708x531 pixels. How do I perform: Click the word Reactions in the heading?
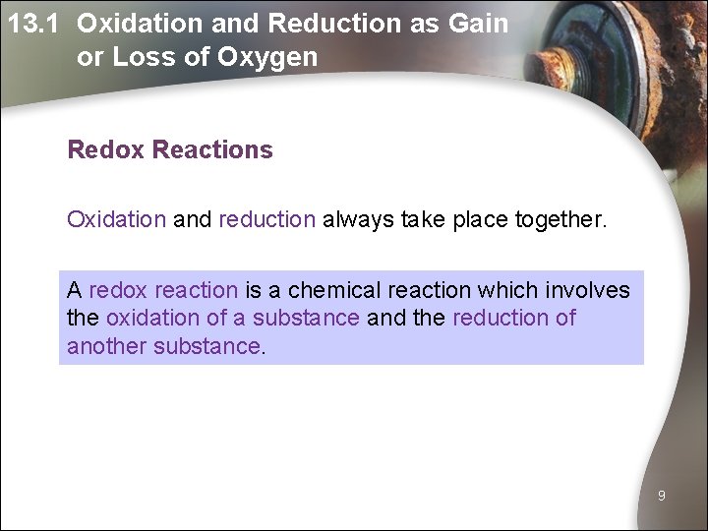212,150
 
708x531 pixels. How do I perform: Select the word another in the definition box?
106,346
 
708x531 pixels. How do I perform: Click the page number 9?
662,497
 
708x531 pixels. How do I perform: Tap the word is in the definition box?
253,290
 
